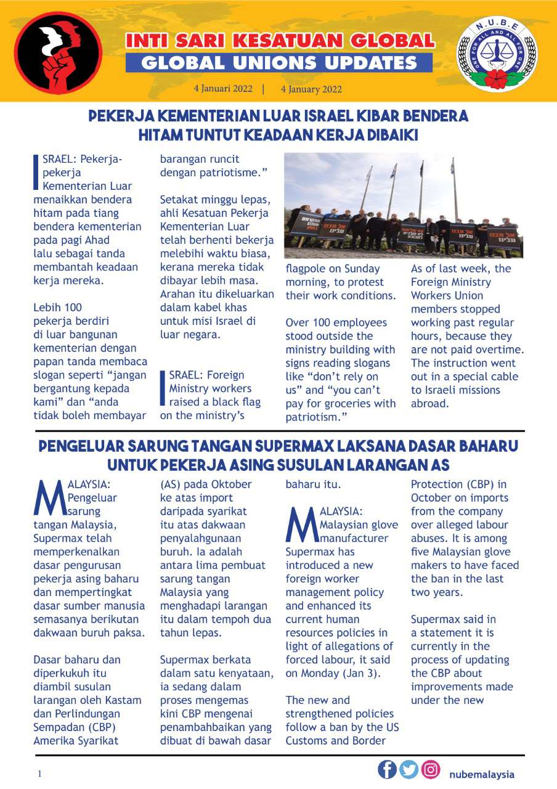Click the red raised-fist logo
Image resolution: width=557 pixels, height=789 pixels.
pyautogui.click(x=59, y=52)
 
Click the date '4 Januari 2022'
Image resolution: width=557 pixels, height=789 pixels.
pyautogui.click(x=223, y=89)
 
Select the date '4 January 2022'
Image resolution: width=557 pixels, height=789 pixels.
pyautogui.click(x=311, y=89)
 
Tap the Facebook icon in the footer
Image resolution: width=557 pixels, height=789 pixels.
pyautogui.click(x=387, y=769)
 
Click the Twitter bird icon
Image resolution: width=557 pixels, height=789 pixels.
pyautogui.click(x=409, y=769)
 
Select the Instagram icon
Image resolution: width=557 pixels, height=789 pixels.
pyautogui.click(x=431, y=769)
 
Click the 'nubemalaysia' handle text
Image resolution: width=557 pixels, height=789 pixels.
pyautogui.click(x=482, y=774)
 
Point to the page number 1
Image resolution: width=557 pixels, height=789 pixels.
pyautogui.click(x=39, y=774)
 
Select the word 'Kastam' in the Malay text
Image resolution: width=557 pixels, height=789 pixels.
pyautogui.click(x=124, y=700)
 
